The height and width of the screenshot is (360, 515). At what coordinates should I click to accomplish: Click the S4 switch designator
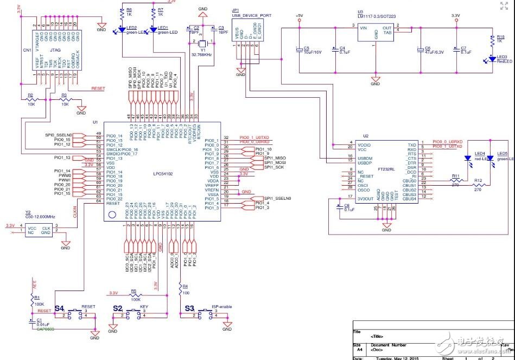59,308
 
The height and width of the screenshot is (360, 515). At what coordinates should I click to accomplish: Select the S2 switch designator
118,308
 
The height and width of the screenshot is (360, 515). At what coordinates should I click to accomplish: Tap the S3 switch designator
189,308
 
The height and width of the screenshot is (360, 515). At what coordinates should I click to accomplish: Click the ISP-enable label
221,306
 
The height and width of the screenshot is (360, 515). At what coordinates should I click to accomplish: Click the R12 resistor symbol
478,186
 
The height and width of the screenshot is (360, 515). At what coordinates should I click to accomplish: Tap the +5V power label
298,15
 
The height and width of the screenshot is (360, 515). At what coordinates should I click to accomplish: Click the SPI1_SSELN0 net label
278,198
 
